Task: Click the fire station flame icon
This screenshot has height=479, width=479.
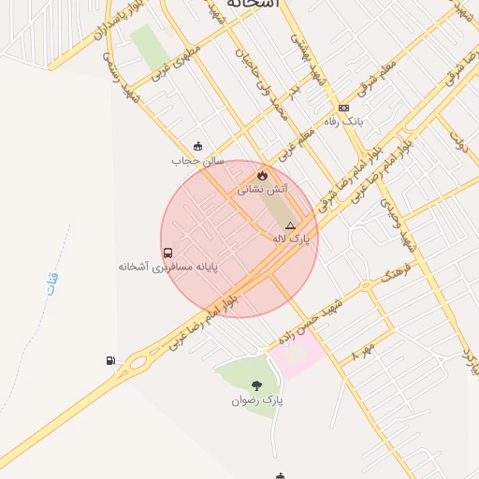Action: point(262,174)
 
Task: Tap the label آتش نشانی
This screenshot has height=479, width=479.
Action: point(262,189)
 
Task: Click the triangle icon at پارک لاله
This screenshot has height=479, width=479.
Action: point(290,225)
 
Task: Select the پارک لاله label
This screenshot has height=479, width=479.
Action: point(290,240)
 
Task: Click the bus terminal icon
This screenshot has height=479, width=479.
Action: point(167,252)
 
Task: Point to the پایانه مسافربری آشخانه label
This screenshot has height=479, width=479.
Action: point(167,267)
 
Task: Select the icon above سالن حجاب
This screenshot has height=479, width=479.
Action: point(196,146)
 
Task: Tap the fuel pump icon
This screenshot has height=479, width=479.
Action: point(111,360)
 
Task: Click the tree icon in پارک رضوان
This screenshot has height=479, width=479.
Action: point(256,385)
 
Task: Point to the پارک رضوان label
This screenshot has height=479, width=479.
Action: point(256,400)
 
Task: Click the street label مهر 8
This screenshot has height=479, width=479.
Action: point(363,351)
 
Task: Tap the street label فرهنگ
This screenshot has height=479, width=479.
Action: point(397,274)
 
